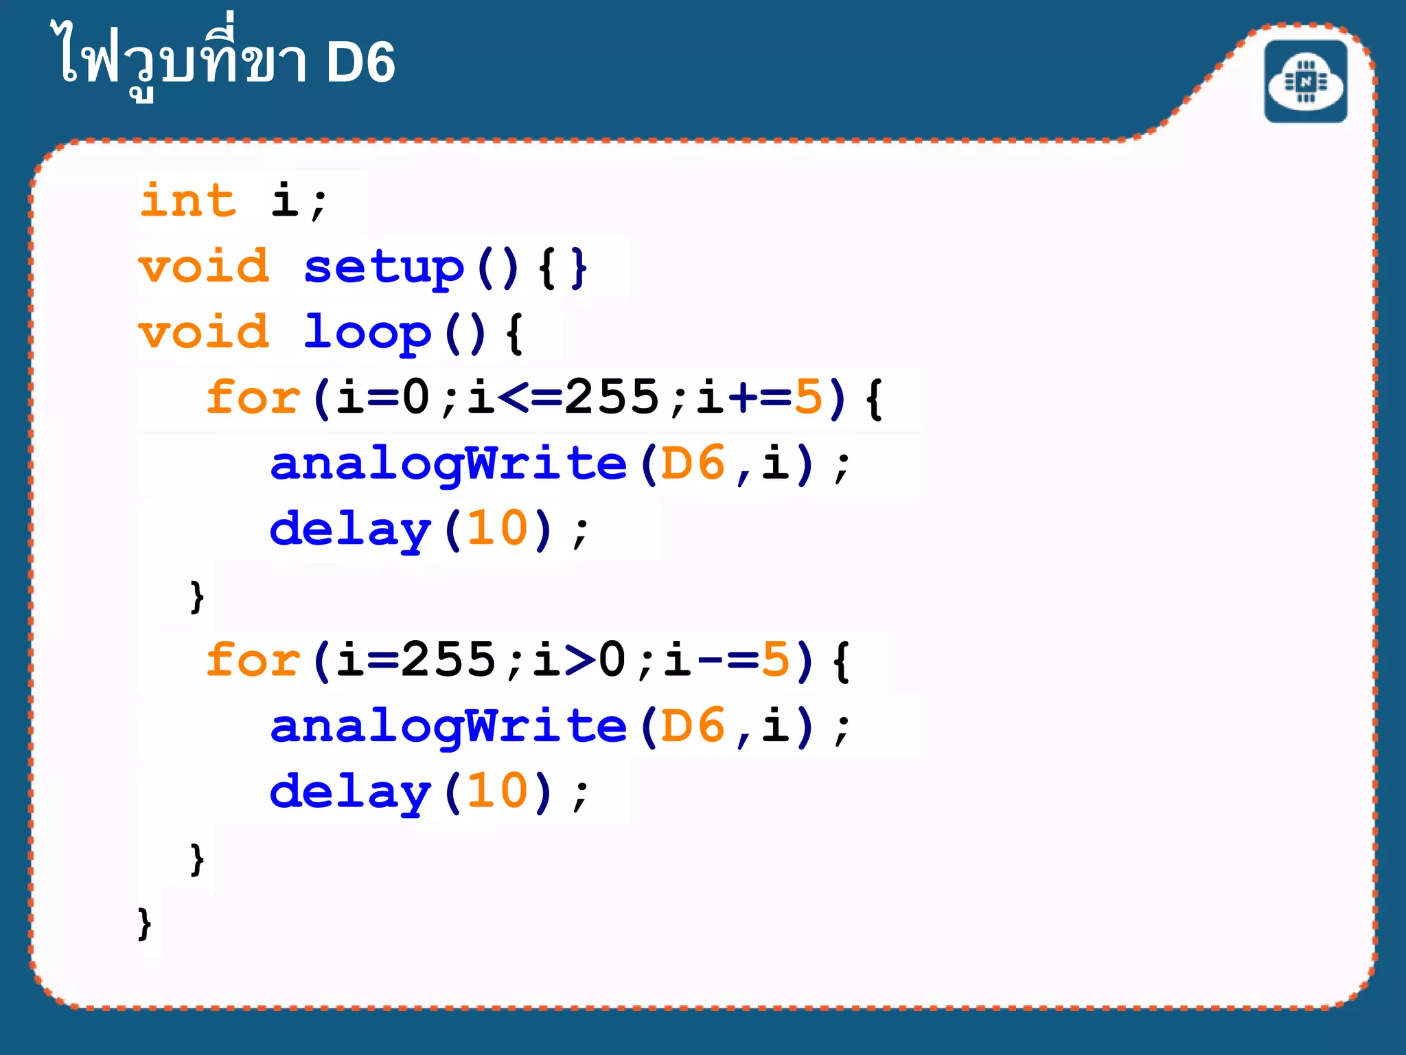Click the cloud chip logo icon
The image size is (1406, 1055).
[x=1305, y=82]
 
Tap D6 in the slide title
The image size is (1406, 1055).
[x=360, y=63]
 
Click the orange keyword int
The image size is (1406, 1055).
[x=188, y=201]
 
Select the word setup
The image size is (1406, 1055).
[x=384, y=267]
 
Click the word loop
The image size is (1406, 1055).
[x=367, y=333]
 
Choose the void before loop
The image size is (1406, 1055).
[x=204, y=332]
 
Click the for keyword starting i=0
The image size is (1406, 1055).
[x=253, y=398]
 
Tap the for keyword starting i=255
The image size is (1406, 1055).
[x=253, y=660]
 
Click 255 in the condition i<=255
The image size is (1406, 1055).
[x=611, y=398]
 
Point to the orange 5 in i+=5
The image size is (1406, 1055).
[x=808, y=398]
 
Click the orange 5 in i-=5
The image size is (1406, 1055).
[x=776, y=660]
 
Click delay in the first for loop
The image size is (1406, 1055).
[x=350, y=530]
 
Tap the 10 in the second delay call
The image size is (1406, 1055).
[x=498, y=792]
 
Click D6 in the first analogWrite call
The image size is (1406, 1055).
[x=693, y=464]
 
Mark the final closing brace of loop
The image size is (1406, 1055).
[x=144, y=924]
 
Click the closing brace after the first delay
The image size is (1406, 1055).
[x=197, y=596]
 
